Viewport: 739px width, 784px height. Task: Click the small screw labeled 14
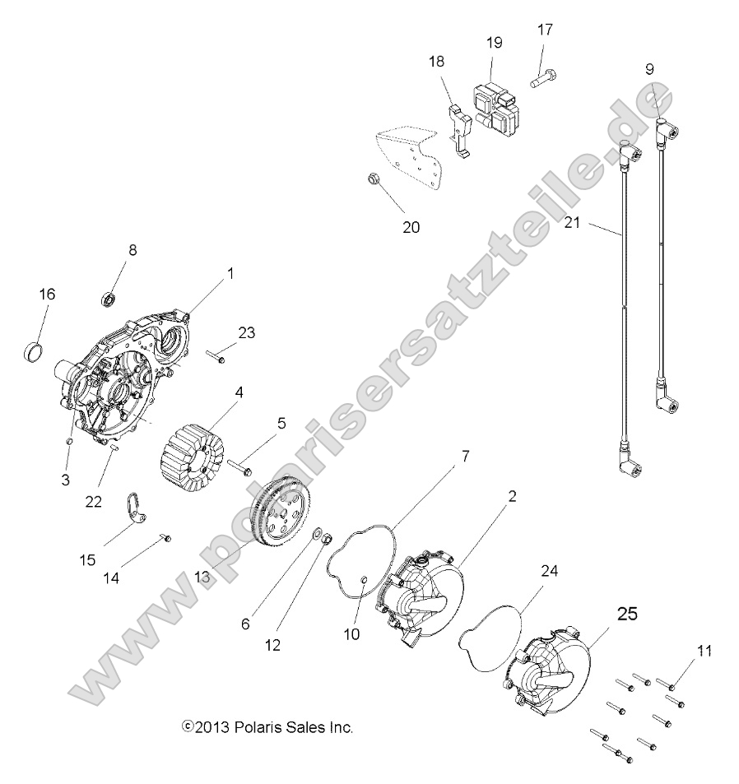point(165,538)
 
